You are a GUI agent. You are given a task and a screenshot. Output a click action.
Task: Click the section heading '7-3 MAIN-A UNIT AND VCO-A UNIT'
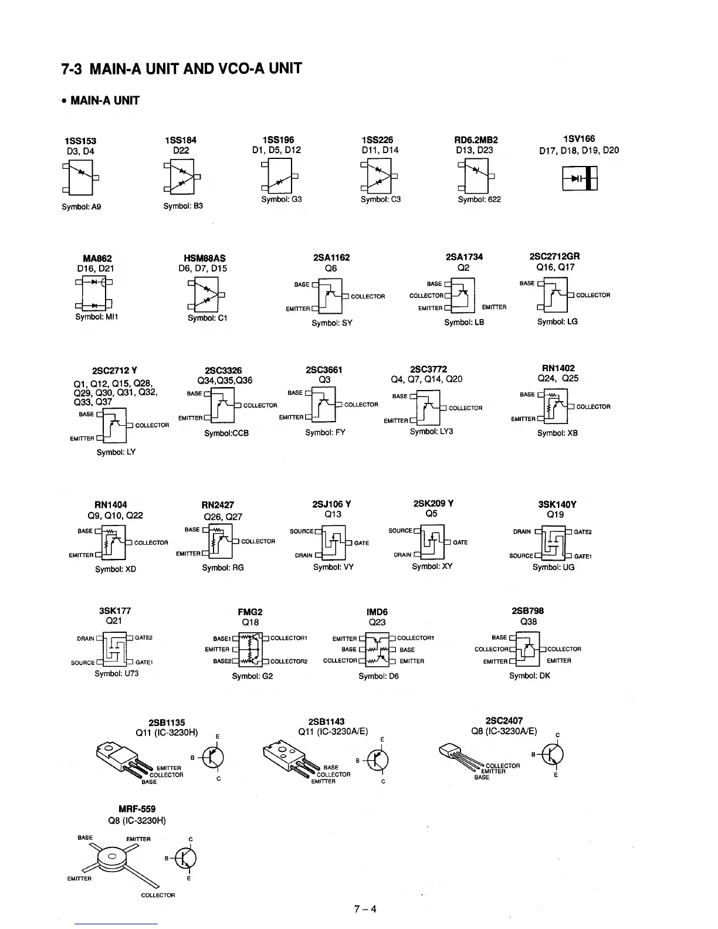click(181, 69)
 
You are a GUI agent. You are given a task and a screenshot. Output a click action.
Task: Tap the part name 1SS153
click(80, 141)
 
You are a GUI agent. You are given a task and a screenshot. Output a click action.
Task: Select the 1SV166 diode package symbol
click(580, 178)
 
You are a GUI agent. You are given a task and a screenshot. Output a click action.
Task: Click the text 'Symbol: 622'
click(479, 199)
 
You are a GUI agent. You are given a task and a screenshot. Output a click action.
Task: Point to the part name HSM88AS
click(204, 258)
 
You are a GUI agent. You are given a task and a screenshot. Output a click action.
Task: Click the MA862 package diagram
click(94, 293)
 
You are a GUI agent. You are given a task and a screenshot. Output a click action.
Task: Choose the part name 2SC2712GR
click(554, 256)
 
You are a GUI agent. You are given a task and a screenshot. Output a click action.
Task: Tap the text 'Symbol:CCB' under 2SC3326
click(226, 433)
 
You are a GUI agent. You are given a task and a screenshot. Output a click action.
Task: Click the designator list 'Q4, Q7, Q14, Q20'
click(426, 379)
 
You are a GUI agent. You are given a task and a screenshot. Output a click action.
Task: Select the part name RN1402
click(558, 368)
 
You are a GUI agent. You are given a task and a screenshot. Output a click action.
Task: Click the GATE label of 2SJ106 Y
click(361, 543)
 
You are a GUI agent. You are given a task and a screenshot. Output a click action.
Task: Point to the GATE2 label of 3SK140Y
click(582, 532)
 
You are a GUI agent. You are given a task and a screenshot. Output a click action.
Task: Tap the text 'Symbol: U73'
click(117, 673)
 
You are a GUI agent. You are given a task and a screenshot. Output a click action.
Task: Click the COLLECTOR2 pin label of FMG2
click(289, 662)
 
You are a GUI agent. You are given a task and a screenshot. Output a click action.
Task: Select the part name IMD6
click(377, 612)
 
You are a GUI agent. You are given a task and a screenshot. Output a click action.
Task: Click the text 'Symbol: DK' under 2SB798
click(530, 676)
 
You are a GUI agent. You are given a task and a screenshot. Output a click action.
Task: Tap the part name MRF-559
click(137, 809)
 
